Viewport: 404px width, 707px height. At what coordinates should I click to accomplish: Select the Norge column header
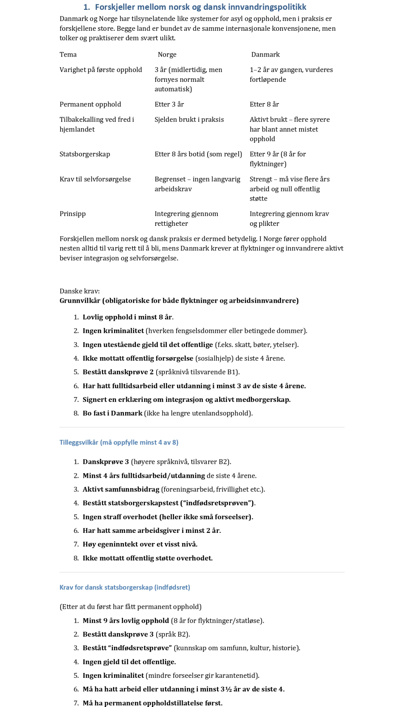pyautogui.click(x=167, y=54)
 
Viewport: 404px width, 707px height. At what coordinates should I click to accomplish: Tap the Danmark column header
pyautogui.click(x=265, y=54)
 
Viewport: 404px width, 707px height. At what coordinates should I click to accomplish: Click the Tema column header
pyautogui.click(x=68, y=54)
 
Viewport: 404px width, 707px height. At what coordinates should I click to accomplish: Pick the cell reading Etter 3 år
pyautogui.click(x=169, y=104)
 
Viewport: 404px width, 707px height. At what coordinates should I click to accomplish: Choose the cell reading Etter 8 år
pyautogui.click(x=264, y=104)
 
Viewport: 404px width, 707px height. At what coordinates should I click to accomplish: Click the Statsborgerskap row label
pyautogui.click(x=85, y=154)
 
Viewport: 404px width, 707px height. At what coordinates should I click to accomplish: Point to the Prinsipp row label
pyautogui.click(x=73, y=213)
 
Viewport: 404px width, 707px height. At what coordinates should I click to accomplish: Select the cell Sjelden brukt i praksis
pyautogui.click(x=189, y=119)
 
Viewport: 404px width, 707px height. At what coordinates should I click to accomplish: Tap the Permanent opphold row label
pyautogui.click(x=90, y=104)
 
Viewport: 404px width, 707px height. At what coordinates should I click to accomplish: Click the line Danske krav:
pyautogui.click(x=79, y=291)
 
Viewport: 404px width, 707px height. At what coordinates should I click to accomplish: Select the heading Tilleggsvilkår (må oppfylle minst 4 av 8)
pyautogui.click(x=119, y=442)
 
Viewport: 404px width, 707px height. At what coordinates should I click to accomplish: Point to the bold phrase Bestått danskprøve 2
pyautogui.click(x=118, y=372)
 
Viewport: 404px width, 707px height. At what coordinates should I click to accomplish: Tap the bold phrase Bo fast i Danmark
pyautogui.click(x=112, y=413)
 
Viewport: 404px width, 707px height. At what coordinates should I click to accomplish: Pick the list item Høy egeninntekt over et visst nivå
pyautogui.click(x=140, y=544)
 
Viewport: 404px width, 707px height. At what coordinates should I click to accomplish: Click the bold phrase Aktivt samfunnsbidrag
pyautogui.click(x=121, y=489)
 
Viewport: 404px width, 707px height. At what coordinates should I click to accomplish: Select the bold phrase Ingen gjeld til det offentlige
pyautogui.click(x=129, y=662)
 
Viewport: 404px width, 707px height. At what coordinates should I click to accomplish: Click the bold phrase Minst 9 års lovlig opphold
pyautogui.click(x=126, y=620)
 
